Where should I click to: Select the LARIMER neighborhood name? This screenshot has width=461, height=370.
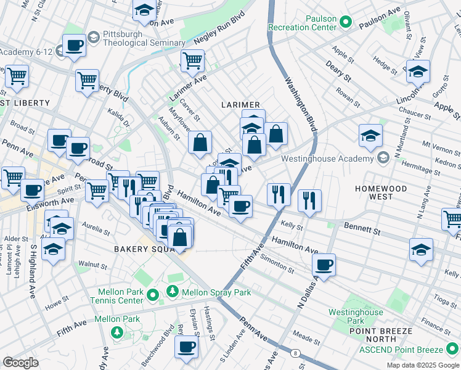tap(240, 105)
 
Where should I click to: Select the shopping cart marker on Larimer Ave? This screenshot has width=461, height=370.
tap(193, 60)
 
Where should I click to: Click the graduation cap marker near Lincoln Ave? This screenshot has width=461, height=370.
tap(418, 72)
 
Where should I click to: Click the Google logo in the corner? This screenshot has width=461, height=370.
tap(20, 363)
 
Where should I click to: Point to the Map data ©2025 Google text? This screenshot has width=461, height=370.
tap(422, 365)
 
